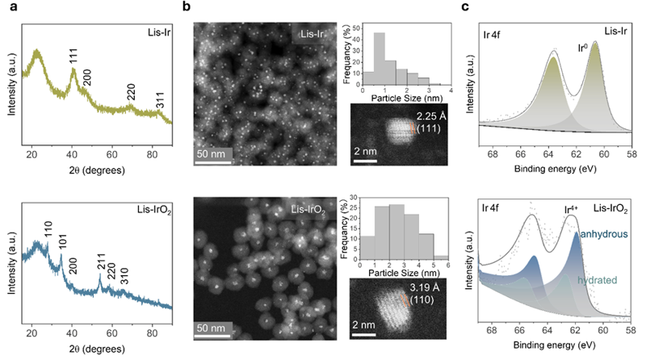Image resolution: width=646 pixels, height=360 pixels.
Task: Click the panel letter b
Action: pos(187,7)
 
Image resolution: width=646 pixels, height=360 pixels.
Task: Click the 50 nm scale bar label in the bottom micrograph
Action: pos(214,330)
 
